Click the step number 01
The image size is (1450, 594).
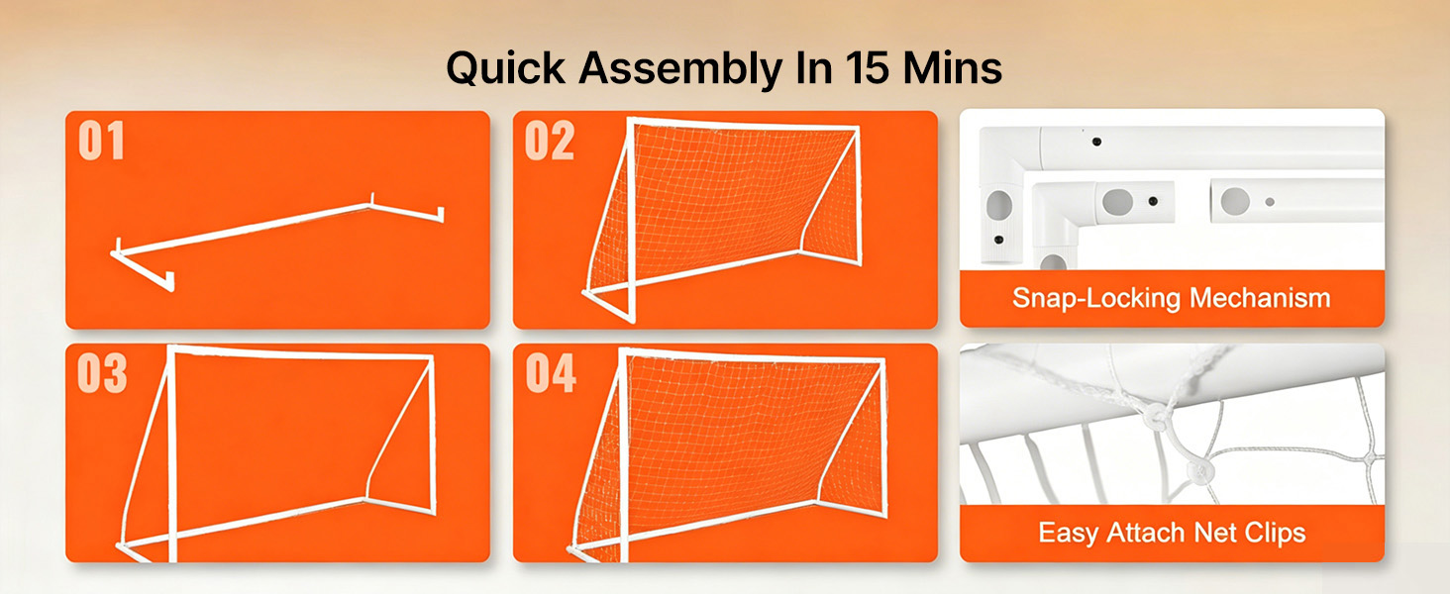[x=101, y=141]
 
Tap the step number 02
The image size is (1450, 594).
[x=549, y=141]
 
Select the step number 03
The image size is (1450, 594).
[x=102, y=373]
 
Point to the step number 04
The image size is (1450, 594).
[x=551, y=373]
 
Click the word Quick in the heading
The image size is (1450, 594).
[x=505, y=68]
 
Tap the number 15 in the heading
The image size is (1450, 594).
[x=867, y=67]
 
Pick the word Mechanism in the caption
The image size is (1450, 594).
[x=1260, y=298]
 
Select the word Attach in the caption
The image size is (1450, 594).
[x=1146, y=533]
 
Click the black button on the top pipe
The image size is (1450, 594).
[x=1096, y=142]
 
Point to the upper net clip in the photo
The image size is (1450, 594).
[x=1154, y=415]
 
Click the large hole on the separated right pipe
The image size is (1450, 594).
[x=1235, y=201]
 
